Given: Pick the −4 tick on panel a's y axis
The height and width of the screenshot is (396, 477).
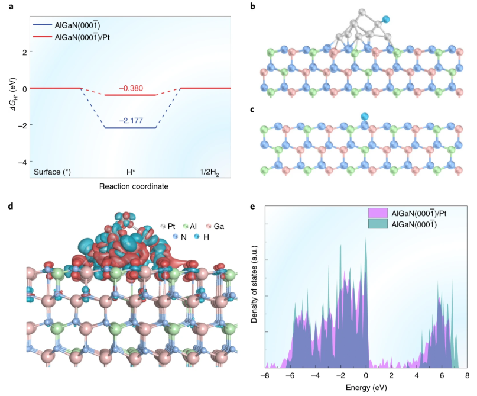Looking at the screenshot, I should [22, 162].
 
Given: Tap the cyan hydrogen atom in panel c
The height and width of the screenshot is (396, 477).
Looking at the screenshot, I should [364, 117].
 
